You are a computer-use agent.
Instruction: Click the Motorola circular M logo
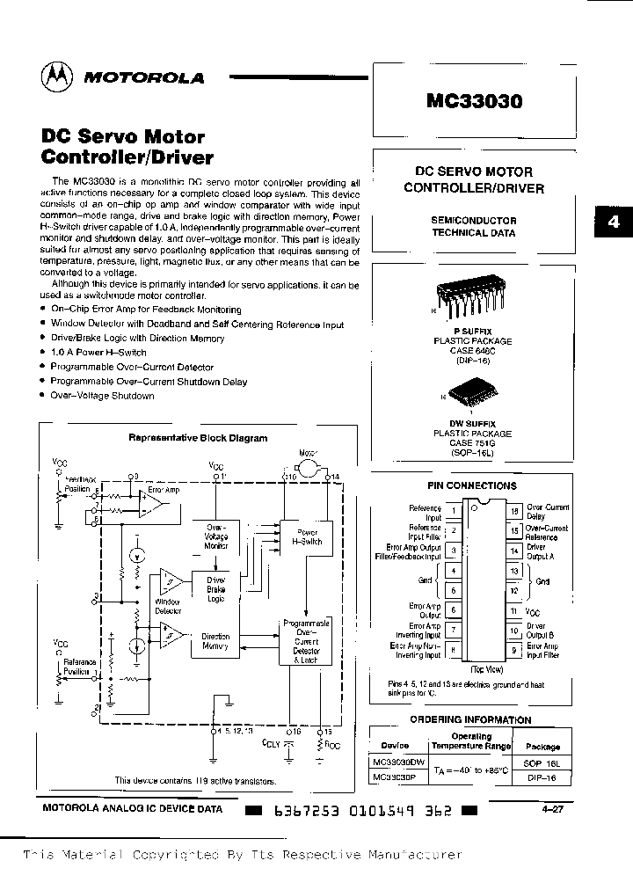click(55, 77)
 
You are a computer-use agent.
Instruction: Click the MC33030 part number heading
click(474, 101)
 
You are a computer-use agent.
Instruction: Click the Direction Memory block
click(215, 641)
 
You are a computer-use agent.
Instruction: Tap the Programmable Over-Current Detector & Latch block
click(305, 640)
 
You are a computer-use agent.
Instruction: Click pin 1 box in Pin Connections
click(452, 510)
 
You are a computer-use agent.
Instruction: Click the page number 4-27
click(554, 810)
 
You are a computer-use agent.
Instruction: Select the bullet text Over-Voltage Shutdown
click(102, 396)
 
